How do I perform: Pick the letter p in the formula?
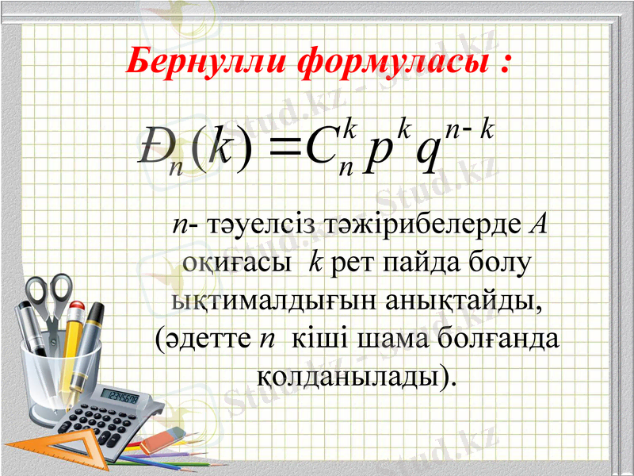380,154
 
